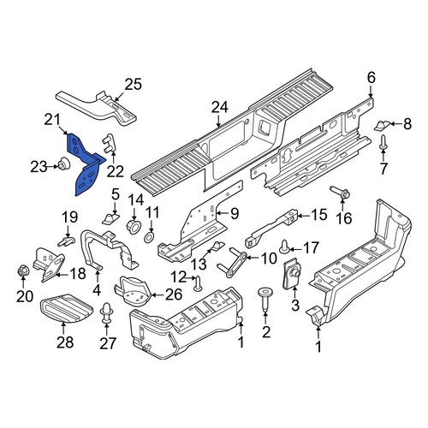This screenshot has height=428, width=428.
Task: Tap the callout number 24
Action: tap(220, 108)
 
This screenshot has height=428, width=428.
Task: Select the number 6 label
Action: tap(371, 78)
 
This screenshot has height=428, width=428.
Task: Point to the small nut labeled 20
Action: tap(23, 270)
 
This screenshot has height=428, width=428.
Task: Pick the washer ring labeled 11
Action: tap(149, 238)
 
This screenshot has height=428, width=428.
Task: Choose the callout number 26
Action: tap(174, 294)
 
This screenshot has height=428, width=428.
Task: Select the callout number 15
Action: tap(318, 215)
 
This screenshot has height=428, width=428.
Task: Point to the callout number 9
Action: tap(235, 213)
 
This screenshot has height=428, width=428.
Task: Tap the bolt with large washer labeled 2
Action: tap(265, 299)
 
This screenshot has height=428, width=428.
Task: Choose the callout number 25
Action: tap(134, 85)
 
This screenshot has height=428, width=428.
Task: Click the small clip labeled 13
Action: tap(217, 246)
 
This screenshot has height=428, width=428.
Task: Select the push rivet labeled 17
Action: tap(285, 247)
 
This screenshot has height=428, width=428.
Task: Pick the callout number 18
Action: tap(78, 274)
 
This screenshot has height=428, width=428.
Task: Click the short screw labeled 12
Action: tap(198, 283)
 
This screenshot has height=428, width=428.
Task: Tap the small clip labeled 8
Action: tap(382, 125)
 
